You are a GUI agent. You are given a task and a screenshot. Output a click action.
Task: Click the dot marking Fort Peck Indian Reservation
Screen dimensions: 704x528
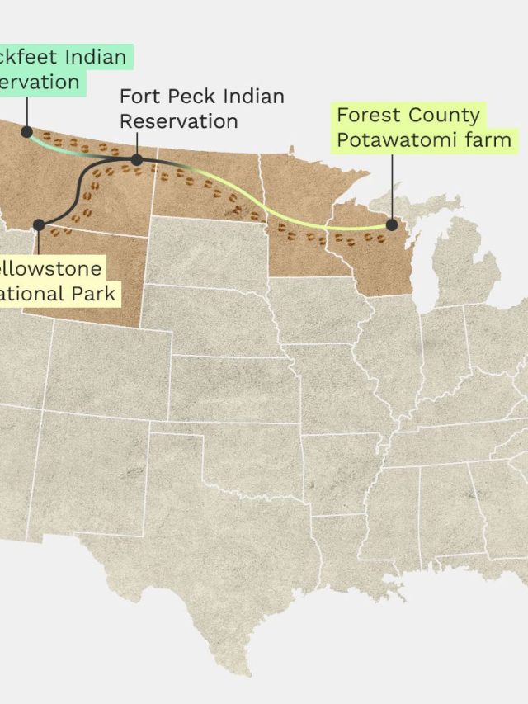(x=137, y=160)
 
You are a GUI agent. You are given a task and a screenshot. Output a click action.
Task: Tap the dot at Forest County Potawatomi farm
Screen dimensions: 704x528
(x=392, y=224)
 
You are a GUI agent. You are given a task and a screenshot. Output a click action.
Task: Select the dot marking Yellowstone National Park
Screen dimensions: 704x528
(x=39, y=224)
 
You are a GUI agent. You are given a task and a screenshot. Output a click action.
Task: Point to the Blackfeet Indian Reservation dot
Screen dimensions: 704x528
(x=26, y=131)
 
